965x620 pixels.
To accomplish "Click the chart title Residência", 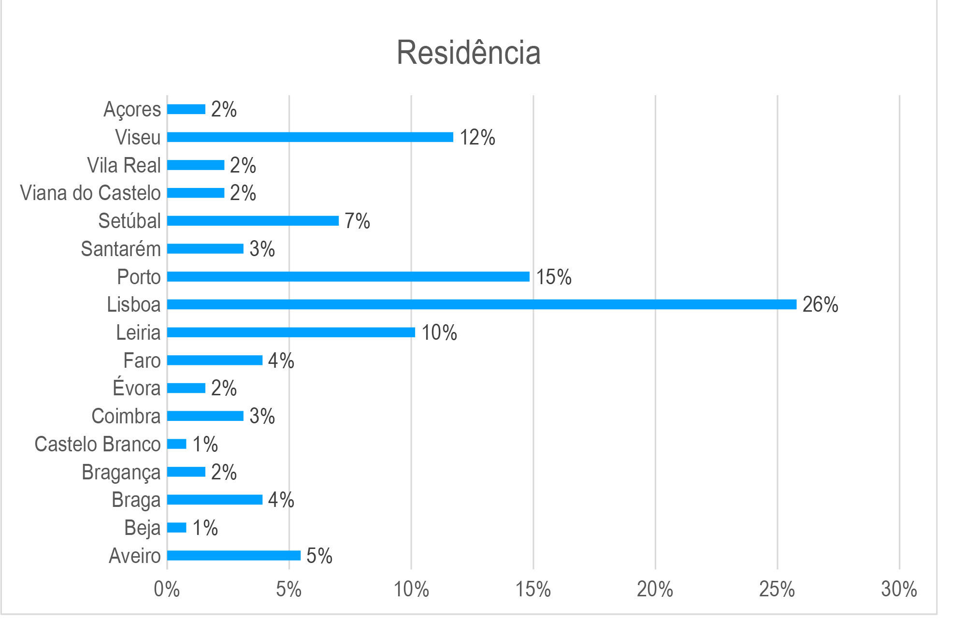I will pyautogui.click(x=468, y=53).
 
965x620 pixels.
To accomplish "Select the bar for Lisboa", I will pyautogui.click(x=481, y=304).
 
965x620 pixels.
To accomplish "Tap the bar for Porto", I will pyautogui.click(x=348, y=277).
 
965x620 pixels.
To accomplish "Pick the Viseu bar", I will pyautogui.click(x=310, y=137).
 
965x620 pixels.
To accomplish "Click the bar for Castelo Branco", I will pyautogui.click(x=177, y=444).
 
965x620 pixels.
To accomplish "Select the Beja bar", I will pyautogui.click(x=177, y=528).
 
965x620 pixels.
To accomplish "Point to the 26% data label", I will pyautogui.click(x=820, y=304).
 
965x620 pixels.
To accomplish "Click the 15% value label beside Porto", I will pyautogui.click(x=553, y=277).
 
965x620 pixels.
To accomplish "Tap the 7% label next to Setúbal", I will pyautogui.click(x=357, y=221).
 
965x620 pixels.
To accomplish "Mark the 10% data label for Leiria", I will pyautogui.click(x=439, y=332).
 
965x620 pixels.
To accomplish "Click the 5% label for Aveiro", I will pyautogui.click(x=319, y=556).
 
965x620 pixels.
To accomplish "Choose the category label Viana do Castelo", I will pyautogui.click(x=90, y=193).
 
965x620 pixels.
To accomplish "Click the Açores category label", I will pyautogui.click(x=132, y=109).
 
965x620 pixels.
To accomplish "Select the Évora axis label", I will pyautogui.click(x=136, y=388).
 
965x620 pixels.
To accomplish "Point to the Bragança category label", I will pyautogui.click(x=121, y=472).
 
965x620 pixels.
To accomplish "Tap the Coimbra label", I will pyautogui.click(x=126, y=416).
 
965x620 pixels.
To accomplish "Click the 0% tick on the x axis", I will pyautogui.click(x=167, y=590).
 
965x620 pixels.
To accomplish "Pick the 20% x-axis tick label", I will pyautogui.click(x=655, y=590).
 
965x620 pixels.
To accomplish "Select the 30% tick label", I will pyautogui.click(x=899, y=590).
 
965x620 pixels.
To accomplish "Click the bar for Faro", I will pyautogui.click(x=215, y=360).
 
